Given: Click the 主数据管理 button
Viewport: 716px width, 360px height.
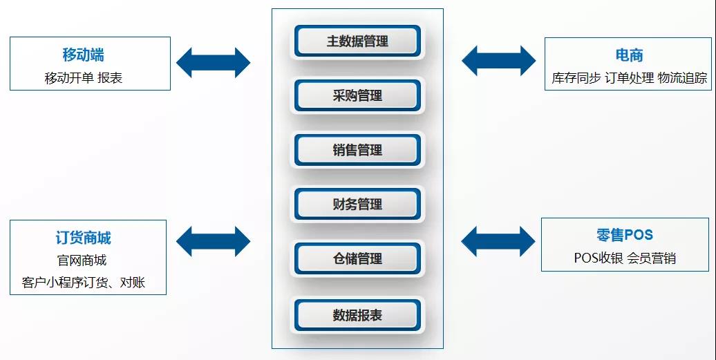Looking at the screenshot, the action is pos(357,41).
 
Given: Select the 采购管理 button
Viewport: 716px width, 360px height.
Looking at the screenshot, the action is pos(357,95).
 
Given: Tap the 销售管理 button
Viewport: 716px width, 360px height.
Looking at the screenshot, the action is pos(357,150).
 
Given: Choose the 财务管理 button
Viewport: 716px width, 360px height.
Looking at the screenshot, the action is pos(357,204).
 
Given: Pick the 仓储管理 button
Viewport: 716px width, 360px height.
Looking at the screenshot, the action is pos(357,258).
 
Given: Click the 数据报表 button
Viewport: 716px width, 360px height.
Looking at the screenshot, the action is pos(357,315).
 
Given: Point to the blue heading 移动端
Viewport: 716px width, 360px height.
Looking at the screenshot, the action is pos(83,55).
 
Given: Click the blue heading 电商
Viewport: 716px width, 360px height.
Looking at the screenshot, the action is pos(629,55).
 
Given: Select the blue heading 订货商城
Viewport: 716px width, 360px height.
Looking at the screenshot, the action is pos(83,238).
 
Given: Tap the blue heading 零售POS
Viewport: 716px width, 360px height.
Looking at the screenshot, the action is pos(624,235).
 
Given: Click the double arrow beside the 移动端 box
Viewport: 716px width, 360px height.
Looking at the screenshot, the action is pos(214,62).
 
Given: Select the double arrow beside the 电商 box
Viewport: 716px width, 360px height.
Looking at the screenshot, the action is pos(498,60).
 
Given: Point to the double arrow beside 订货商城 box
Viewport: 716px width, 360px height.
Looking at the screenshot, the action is pos(214,241).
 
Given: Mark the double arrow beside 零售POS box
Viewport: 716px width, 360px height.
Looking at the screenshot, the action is pos(498,241).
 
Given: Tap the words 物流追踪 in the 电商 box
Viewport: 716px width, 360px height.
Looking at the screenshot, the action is pos(682,78).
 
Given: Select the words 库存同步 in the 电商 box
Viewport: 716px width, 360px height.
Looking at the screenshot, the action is pos(576,78).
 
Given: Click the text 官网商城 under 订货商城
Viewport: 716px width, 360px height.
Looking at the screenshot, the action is pos(82,260).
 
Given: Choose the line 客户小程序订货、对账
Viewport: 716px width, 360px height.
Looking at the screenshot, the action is pos(83,283).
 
